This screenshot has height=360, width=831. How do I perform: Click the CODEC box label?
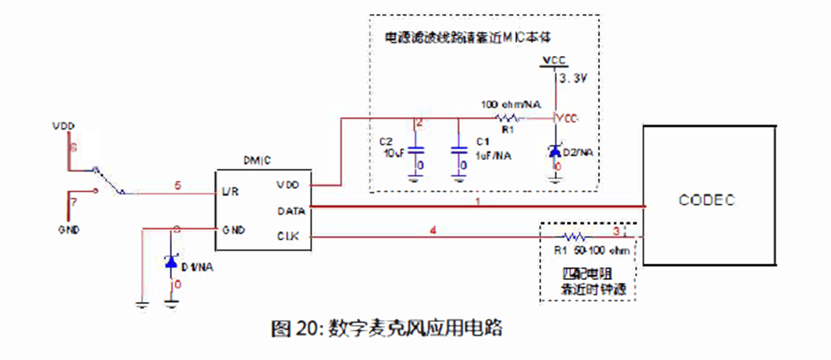click(x=707, y=200)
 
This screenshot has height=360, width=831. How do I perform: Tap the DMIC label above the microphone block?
click(x=257, y=161)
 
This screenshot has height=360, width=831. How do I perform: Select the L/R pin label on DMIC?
click(x=230, y=192)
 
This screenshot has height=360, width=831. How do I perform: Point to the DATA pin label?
click(x=291, y=211)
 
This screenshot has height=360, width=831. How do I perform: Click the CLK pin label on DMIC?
click(x=288, y=236)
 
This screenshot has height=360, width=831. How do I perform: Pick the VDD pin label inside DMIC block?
click(x=288, y=185)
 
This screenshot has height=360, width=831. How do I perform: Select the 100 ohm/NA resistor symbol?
click(x=507, y=118)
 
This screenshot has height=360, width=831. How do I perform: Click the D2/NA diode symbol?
click(x=555, y=152)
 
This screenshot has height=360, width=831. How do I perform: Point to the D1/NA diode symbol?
click(x=171, y=262)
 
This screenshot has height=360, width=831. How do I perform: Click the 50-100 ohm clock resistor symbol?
click(x=573, y=237)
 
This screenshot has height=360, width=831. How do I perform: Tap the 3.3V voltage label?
click(x=573, y=78)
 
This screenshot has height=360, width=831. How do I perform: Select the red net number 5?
click(x=178, y=185)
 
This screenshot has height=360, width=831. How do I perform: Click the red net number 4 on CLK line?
click(x=433, y=230)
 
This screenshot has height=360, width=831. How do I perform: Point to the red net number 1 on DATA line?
click(x=478, y=202)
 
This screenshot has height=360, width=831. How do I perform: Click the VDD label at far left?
click(x=64, y=126)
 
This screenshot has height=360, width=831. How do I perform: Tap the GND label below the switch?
click(x=69, y=230)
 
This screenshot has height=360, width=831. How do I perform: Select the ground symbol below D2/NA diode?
click(x=555, y=180)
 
